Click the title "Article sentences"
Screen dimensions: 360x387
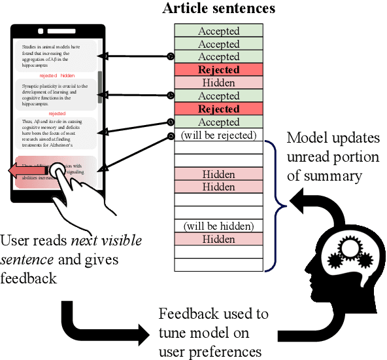(219, 9)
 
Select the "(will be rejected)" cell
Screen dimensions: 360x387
(219, 135)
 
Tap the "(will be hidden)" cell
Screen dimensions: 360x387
(219, 226)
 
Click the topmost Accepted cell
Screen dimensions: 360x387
(219, 31)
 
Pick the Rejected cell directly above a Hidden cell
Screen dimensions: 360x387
(219, 70)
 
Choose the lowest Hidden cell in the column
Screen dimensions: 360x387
(219, 240)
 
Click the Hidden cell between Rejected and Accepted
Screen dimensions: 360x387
(219, 83)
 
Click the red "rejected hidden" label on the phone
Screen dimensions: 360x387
(58, 75)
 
